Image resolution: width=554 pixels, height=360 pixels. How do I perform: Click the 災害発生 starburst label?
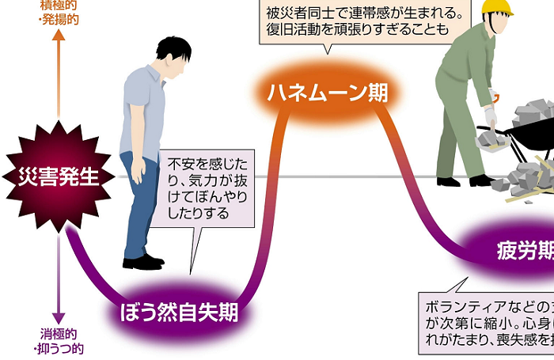point(53,176)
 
